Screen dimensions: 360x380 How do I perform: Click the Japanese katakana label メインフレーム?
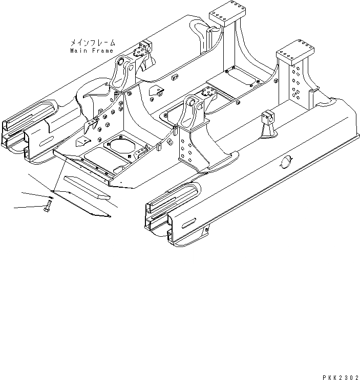tap(93, 43)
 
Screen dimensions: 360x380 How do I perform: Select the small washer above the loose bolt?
tap(50, 196)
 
